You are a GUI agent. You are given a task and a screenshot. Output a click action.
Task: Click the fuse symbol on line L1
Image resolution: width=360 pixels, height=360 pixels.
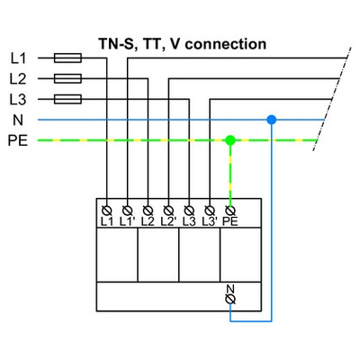pos(68,58)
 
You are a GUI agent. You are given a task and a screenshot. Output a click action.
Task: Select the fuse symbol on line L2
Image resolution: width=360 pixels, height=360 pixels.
pos(68,78)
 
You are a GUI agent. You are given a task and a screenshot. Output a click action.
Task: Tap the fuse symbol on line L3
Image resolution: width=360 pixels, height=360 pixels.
pos(68,99)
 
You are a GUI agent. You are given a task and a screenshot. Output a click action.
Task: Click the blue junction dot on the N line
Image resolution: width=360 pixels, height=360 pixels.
pos(271,119)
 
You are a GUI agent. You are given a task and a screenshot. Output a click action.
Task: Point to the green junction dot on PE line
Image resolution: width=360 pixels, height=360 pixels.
pos(230,140)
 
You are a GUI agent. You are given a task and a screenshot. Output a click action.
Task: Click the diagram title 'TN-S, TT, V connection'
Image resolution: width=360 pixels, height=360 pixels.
pos(181,42)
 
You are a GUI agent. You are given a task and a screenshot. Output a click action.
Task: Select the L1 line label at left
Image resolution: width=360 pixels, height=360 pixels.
pos(18,58)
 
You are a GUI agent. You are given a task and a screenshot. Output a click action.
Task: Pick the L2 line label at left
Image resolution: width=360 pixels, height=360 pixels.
pos(18,78)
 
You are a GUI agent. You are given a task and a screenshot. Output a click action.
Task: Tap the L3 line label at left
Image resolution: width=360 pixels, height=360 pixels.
pos(18,99)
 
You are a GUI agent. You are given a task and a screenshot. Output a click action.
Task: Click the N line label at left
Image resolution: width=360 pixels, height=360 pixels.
pos(16,120)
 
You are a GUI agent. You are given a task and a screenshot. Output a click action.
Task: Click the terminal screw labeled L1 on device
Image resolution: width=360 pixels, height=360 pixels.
pos(107,208)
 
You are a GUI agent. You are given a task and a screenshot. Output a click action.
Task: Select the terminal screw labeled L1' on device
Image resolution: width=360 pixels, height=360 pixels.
pos(128,208)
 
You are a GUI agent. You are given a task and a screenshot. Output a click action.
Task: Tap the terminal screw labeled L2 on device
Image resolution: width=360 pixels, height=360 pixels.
pos(148,208)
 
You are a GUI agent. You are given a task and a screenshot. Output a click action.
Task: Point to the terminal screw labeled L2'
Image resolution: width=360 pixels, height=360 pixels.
pos(168,208)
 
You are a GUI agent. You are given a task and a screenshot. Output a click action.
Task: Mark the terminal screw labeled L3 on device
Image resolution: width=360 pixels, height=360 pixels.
pos(189,208)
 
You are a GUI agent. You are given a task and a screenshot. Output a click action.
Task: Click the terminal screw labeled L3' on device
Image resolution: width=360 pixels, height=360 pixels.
pos(210,208)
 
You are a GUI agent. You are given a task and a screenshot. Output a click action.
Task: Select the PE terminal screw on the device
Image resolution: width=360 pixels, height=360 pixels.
pos(230,208)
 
